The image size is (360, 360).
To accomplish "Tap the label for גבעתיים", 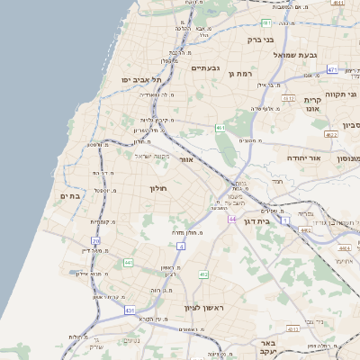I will [x=206, y=67].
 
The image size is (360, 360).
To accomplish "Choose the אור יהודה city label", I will [x=304, y=157].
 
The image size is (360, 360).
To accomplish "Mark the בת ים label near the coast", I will [x=70, y=196].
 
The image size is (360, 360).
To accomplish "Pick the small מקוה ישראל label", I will [x=152, y=157].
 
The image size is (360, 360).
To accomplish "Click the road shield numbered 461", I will [x=220, y=129].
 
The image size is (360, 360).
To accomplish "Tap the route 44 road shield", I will [x=232, y=220].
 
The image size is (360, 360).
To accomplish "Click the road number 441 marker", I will [x=129, y=263].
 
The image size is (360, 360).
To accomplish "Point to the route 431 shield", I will [x=130, y=310].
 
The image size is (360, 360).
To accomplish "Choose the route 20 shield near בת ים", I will [x=96, y=240].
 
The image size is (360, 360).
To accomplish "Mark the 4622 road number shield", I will [x=331, y=135].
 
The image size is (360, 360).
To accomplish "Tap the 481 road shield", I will [x=266, y=22].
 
